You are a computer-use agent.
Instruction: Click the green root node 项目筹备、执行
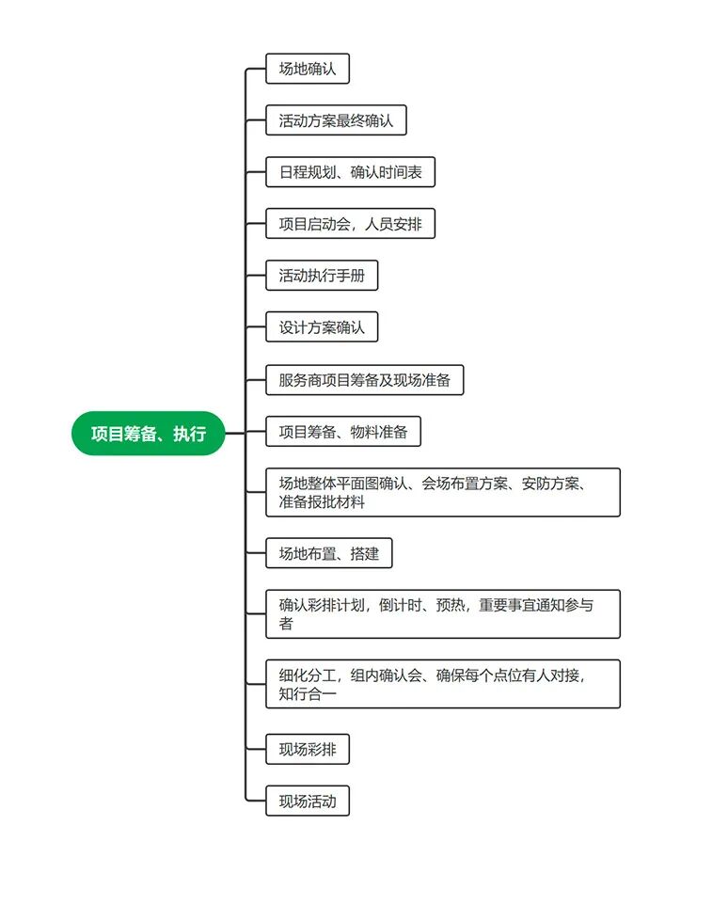149,434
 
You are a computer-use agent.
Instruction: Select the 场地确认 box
308,69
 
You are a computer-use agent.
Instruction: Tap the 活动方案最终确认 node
336,120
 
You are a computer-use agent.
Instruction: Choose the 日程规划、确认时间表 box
350,172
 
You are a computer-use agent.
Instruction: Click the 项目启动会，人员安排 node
350,224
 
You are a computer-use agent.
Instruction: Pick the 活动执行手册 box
322,277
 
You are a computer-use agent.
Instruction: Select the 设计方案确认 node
322,328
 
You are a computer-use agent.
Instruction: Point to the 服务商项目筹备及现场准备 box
364,380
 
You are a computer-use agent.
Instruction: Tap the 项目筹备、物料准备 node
343,432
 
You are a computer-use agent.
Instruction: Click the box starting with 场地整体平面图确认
443,492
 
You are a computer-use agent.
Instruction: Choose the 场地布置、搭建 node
328,553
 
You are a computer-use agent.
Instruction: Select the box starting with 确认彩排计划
443,613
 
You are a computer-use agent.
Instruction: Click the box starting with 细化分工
443,684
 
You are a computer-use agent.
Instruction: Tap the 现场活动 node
308,802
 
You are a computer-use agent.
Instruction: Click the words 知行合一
308,694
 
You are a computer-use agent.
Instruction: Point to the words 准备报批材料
322,502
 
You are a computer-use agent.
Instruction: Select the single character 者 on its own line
286,624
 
